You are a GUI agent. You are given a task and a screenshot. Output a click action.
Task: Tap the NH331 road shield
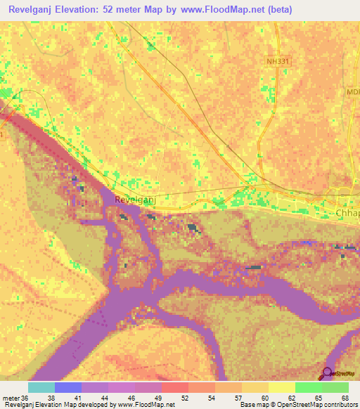pyautogui.click(x=278, y=62)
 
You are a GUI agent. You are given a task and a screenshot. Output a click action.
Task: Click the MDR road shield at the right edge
pyautogui.click(x=352, y=92)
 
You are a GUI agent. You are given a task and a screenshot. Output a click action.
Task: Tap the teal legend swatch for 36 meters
pyautogui.click(x=41, y=387)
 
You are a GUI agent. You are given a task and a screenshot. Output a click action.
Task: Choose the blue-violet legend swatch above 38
pyautogui.click(x=68, y=387)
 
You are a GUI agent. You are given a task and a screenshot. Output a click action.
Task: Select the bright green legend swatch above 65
pyautogui.click(x=309, y=387)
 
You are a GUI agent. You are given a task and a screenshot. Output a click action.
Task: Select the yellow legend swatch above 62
pyautogui.click(x=282, y=387)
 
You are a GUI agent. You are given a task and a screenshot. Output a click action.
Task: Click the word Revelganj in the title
pyautogui.click(x=33, y=10)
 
